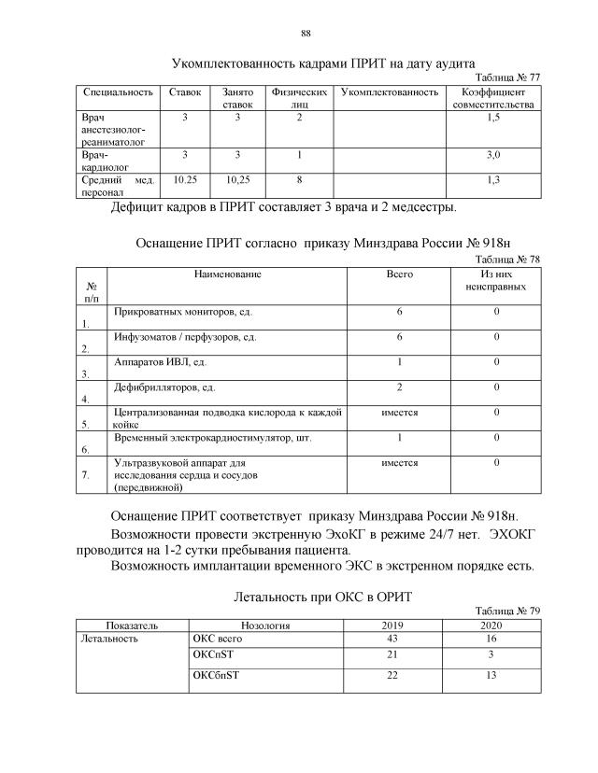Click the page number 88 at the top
(305, 35)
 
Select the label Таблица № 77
(507, 77)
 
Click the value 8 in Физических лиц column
(299, 177)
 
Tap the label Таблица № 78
(507, 259)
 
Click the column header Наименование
(227, 274)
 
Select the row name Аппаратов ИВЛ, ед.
(159, 361)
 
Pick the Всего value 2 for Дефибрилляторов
(399, 387)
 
